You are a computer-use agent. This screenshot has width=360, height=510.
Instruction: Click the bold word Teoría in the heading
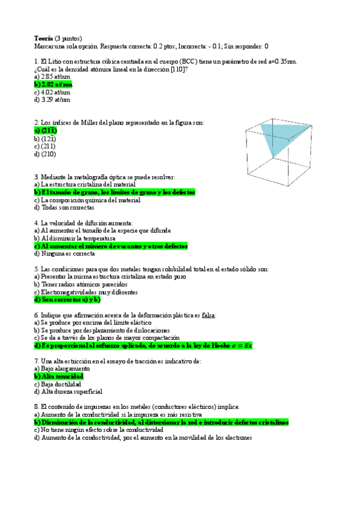coord(44,37)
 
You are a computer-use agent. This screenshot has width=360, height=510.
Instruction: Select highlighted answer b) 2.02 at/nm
coord(53,85)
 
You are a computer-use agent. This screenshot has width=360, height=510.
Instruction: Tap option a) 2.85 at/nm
coord(52,77)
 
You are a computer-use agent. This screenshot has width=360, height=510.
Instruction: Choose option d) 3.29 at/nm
coord(52,100)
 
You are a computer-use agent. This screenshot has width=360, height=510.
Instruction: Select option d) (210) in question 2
coord(46,154)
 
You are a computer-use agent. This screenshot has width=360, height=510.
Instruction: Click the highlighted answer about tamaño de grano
coord(114,192)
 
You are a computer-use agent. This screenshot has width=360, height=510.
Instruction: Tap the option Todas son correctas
coord(66,207)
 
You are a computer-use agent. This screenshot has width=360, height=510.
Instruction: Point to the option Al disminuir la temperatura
coord(75,238)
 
